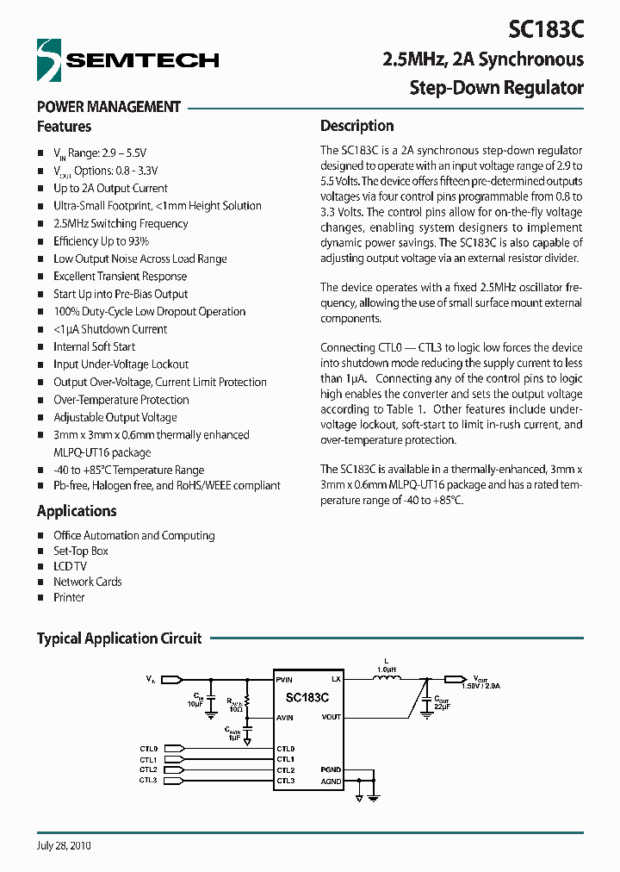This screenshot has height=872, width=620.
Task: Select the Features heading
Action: tap(64, 127)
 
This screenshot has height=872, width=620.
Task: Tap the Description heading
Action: tap(356, 126)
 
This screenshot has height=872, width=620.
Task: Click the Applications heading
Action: tap(77, 511)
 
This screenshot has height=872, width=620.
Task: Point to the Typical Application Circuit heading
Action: tap(119, 638)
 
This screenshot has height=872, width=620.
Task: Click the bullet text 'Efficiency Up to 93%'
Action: tap(101, 241)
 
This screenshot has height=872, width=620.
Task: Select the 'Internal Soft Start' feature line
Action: tap(94, 346)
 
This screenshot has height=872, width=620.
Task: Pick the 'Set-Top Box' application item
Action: tap(81, 551)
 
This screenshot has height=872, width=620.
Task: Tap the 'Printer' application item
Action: tap(69, 597)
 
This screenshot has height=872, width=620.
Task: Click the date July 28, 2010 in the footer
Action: tap(64, 845)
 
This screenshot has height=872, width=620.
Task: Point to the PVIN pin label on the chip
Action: tap(285, 680)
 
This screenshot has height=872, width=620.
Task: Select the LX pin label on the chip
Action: tap(336, 680)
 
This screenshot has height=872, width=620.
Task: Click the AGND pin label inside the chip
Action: tap(332, 782)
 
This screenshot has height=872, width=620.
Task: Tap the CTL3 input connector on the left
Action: tap(173, 781)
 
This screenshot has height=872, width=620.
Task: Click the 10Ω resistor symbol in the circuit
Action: tap(247, 702)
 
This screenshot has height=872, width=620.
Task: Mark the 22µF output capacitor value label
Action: tap(443, 706)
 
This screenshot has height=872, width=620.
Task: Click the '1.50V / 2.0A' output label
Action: tap(480, 686)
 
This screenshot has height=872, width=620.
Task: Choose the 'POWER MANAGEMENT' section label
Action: tap(108, 107)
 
